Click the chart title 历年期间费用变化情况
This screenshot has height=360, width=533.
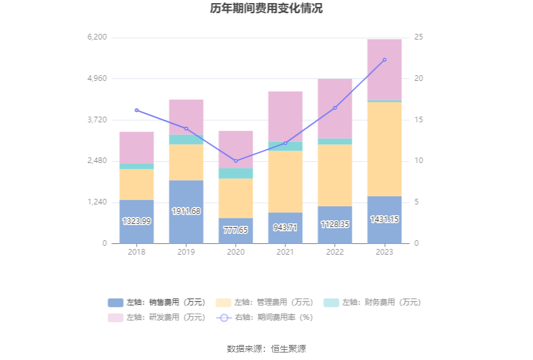point(266,9)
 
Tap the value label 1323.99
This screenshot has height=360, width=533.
point(137,221)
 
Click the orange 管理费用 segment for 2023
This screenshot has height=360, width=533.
point(384,149)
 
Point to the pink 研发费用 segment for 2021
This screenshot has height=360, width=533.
point(285,116)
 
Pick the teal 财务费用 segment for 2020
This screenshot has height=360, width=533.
point(236,173)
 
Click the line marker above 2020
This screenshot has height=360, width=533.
point(236,161)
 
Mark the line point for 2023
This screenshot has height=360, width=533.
point(384,60)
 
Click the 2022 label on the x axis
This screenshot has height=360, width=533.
point(335,251)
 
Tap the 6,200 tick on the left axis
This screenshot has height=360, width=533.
point(97,38)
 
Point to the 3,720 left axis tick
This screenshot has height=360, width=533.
point(97,120)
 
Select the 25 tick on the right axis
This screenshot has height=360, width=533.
point(419,38)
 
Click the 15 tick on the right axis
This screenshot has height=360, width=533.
point(419,120)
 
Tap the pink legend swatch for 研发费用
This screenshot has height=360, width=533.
point(115,317)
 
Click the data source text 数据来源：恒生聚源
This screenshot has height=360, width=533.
point(266,349)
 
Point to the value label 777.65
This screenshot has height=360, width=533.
point(236,230)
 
